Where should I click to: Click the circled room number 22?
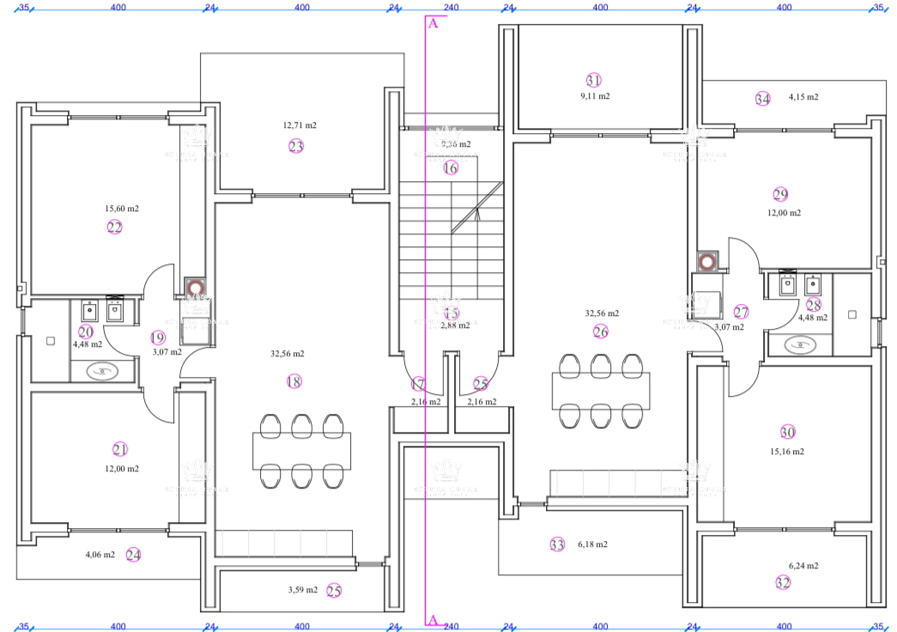115,227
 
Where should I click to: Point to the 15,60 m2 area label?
122,209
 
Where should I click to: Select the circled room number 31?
593,80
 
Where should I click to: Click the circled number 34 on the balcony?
762,98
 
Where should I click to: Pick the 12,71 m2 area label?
300,125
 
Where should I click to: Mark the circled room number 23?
296,146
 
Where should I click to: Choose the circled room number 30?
787,432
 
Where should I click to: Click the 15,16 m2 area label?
787,452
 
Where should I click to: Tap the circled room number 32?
783,582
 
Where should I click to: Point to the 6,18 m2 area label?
592,544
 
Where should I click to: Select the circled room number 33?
557,544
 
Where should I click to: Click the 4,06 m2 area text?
100,555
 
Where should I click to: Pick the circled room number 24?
133,555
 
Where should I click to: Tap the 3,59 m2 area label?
302,590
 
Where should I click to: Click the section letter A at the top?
433,23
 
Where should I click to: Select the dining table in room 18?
301,451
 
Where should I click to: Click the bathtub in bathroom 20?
103,371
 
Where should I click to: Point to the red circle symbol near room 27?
706,261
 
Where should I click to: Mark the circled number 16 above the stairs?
451,168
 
